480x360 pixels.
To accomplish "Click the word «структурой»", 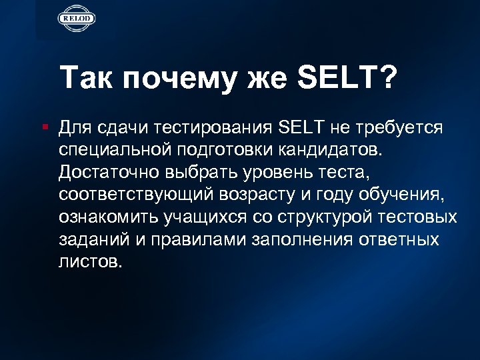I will pyautogui.click(x=323, y=217).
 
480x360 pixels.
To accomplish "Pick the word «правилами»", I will pyautogui.click(x=199, y=239).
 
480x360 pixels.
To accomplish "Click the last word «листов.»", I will pyautogui.click(x=91, y=262).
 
